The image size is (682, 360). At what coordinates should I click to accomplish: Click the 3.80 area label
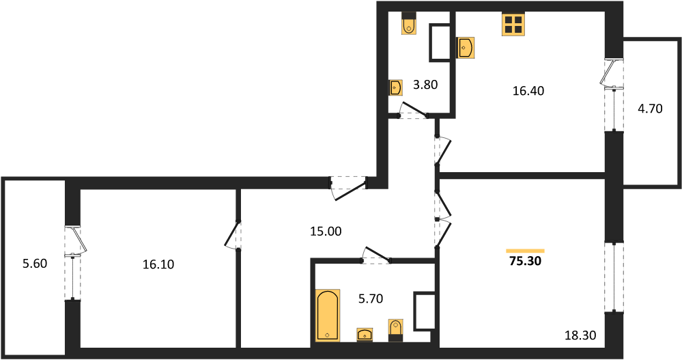click(x=425, y=85)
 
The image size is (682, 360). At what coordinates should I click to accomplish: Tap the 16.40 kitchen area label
click(x=528, y=91)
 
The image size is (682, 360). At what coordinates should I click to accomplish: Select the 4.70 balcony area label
click(x=650, y=109)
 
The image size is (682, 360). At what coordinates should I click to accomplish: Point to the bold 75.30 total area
click(x=526, y=261)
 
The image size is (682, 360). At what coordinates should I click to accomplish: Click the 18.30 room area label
click(x=580, y=335)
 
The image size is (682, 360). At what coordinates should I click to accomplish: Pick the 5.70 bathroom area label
click(x=371, y=299)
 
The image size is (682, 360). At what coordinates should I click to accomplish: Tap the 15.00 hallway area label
click(x=326, y=232)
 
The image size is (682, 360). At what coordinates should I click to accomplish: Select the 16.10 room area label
click(x=158, y=264)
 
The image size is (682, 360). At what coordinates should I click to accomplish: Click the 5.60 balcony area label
click(x=35, y=264)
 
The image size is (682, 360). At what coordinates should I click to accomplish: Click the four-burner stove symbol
click(x=513, y=23)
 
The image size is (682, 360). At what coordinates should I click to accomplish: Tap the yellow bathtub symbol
click(x=328, y=315)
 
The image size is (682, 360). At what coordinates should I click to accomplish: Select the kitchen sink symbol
click(x=465, y=47)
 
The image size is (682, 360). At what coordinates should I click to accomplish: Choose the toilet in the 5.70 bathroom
click(x=395, y=331)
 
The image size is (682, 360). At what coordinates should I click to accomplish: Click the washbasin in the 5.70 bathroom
click(x=365, y=335)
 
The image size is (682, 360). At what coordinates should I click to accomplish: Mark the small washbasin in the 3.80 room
click(x=395, y=87)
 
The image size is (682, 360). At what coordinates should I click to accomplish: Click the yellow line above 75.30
click(x=526, y=251)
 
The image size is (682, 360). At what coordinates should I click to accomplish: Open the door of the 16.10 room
click(x=232, y=235)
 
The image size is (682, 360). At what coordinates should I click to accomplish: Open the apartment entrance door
click(x=350, y=189)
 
